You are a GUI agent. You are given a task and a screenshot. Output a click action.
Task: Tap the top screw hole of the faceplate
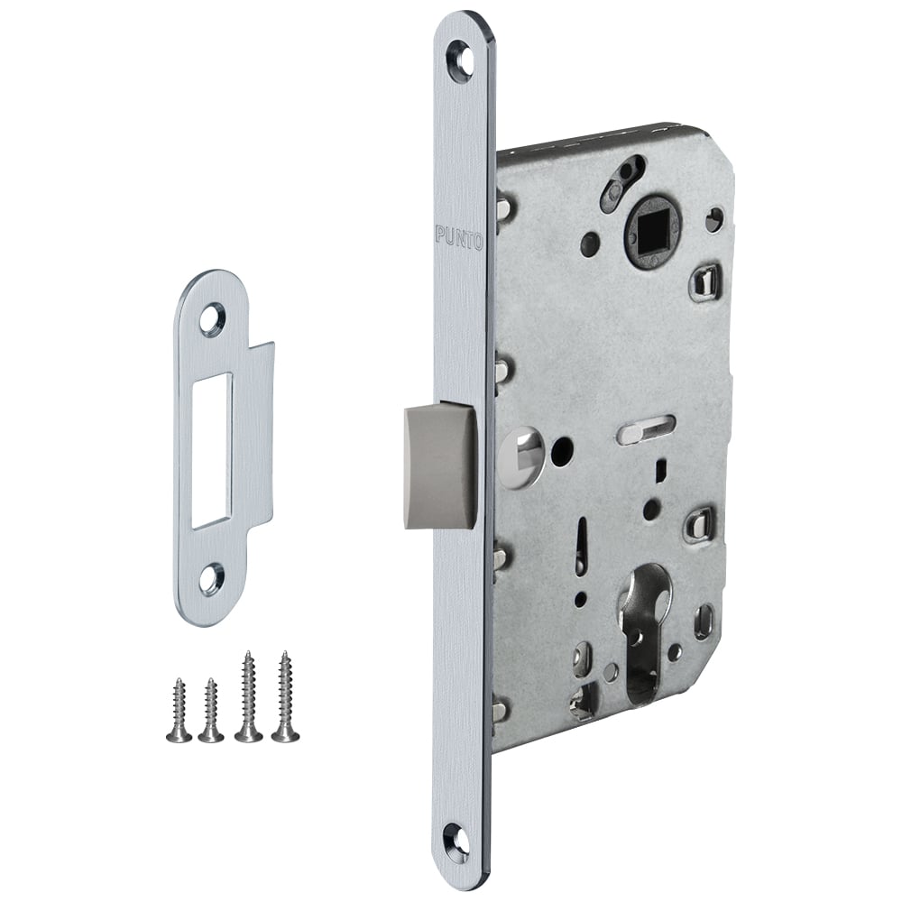[x=459, y=52]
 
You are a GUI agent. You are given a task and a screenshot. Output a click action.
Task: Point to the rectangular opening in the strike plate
[x=212, y=450]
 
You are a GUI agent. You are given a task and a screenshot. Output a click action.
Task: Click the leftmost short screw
[x=177, y=709]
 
